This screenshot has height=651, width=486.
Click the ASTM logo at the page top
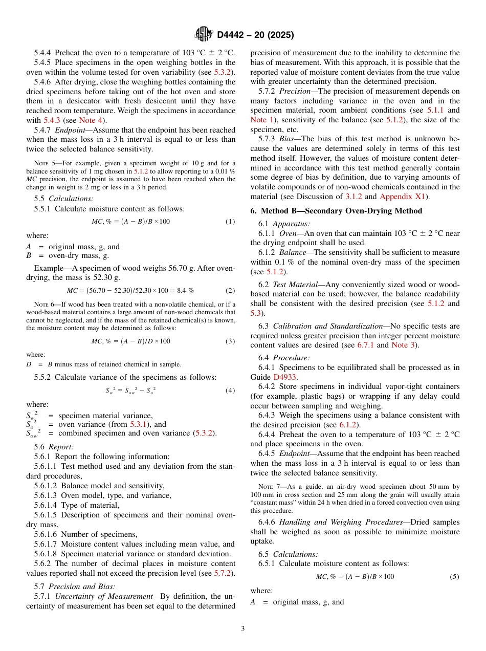205,34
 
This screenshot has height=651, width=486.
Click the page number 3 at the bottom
243,628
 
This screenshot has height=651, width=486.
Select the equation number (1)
230,222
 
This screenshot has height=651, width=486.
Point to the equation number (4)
230,390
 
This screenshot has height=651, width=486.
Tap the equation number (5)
454,577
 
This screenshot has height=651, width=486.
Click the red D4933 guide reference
285,377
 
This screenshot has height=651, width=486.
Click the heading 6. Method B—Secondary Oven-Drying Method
336,211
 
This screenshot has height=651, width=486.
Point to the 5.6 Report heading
54,447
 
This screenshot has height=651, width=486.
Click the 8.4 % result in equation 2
182,291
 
